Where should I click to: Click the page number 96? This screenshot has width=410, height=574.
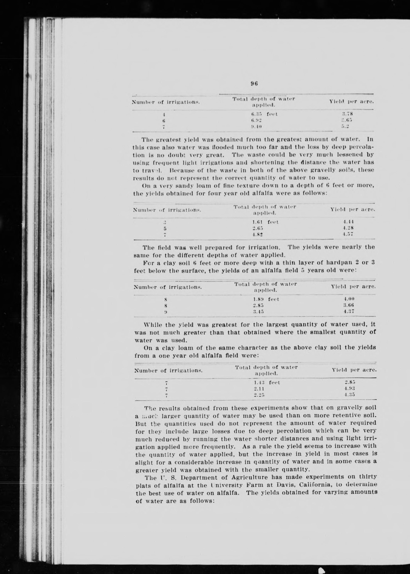pos(254,84)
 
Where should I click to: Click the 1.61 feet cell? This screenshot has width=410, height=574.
pos(265,222)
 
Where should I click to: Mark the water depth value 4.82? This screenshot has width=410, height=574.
pos(258,234)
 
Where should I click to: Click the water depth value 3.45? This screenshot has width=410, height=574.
pos(258,312)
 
